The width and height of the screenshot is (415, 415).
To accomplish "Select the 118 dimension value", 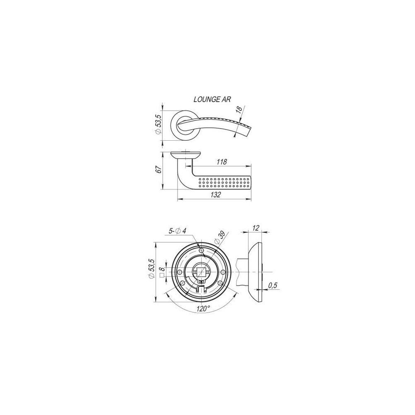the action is pos(222,162).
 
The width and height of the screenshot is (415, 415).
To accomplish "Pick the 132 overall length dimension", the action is pos(216,195).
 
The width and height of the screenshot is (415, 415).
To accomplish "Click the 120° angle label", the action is pos(203,308).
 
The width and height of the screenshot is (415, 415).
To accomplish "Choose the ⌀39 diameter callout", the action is pos(220,238).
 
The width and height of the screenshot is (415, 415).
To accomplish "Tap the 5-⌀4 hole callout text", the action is pos(178,231).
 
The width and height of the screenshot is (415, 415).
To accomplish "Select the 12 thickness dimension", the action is pos(256,227).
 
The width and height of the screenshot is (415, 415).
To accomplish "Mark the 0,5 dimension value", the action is pos(273,286).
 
